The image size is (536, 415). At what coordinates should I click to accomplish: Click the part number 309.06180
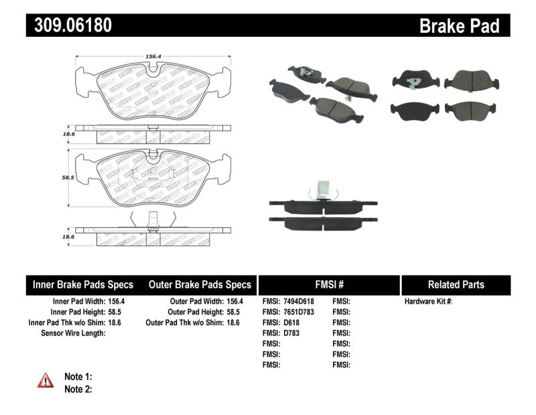69,25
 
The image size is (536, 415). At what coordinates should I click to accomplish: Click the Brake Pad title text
459,25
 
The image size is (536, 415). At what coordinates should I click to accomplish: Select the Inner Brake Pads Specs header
83,285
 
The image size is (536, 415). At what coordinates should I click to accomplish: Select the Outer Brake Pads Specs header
200,285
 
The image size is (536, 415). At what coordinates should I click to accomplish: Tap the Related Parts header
456,285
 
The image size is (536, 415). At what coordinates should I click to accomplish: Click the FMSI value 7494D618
299,302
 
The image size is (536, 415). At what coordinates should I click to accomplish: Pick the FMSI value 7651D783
299,312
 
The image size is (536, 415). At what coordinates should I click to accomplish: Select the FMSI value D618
292,322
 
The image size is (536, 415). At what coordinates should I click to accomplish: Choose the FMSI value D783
292,333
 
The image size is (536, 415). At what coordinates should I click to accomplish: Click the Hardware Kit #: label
429,302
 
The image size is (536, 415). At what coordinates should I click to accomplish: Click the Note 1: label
78,377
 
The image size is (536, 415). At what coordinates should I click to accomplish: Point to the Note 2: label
78,389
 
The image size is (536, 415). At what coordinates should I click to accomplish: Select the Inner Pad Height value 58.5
117,312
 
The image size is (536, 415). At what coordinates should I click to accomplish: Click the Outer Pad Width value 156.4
234,302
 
